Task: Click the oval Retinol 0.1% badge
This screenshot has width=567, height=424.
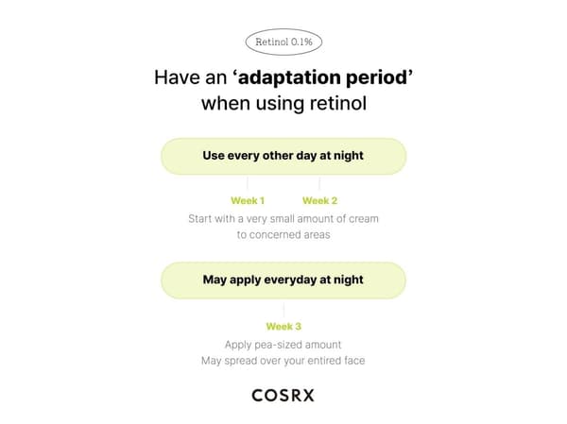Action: pos(283,42)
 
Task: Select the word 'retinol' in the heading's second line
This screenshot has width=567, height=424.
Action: pos(338,103)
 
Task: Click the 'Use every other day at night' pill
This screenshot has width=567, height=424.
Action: pos(283,157)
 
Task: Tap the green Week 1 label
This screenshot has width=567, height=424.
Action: pos(248,200)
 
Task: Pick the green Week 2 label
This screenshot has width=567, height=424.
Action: pos(319,200)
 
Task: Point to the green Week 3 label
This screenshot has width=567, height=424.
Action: pos(283,327)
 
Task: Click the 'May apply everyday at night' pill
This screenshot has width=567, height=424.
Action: pos(283,280)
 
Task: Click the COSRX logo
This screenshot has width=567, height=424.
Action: pos(283,395)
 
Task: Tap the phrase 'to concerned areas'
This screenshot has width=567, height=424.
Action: pos(283,235)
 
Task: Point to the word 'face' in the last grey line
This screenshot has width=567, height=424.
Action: pos(354,361)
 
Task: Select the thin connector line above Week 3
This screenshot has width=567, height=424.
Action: pos(283,311)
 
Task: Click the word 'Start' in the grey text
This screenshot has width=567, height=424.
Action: pos(198,219)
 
